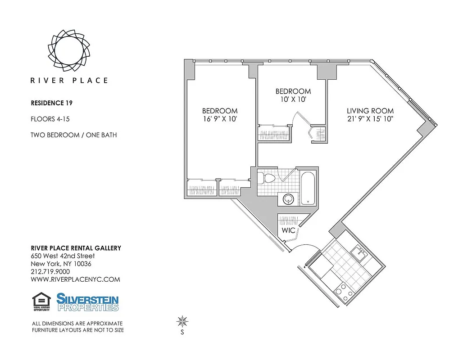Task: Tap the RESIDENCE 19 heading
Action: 51,103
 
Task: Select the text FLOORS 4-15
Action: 50,119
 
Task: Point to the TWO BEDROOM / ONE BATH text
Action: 73,135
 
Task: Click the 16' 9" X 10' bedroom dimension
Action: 219,119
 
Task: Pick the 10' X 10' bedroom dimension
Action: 293,99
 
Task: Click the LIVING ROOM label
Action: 370,111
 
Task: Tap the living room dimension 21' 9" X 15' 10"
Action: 370,119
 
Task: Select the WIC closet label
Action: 288,230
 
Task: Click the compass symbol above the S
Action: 182,321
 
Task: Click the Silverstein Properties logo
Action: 87,302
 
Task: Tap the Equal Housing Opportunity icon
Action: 41,302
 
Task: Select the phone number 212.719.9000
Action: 50,271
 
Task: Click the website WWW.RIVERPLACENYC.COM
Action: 75,279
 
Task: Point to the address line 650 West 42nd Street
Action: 63,256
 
